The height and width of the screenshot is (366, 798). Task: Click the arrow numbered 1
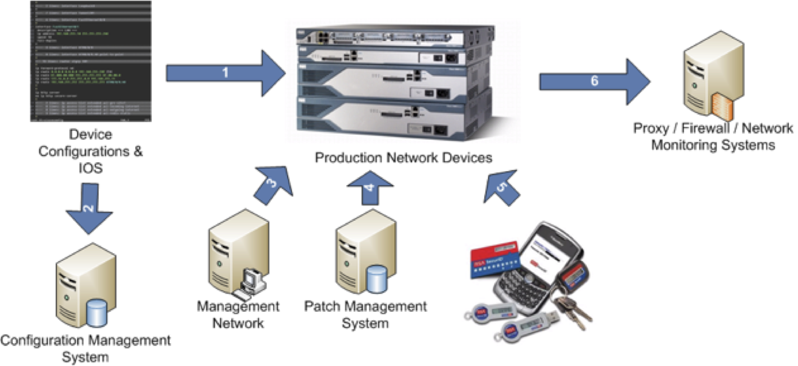225,73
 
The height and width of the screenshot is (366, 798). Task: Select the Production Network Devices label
404,157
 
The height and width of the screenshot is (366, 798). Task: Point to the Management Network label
238,314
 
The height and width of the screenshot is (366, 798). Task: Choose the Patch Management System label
365,314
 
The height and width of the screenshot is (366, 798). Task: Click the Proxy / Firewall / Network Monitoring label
713,137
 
